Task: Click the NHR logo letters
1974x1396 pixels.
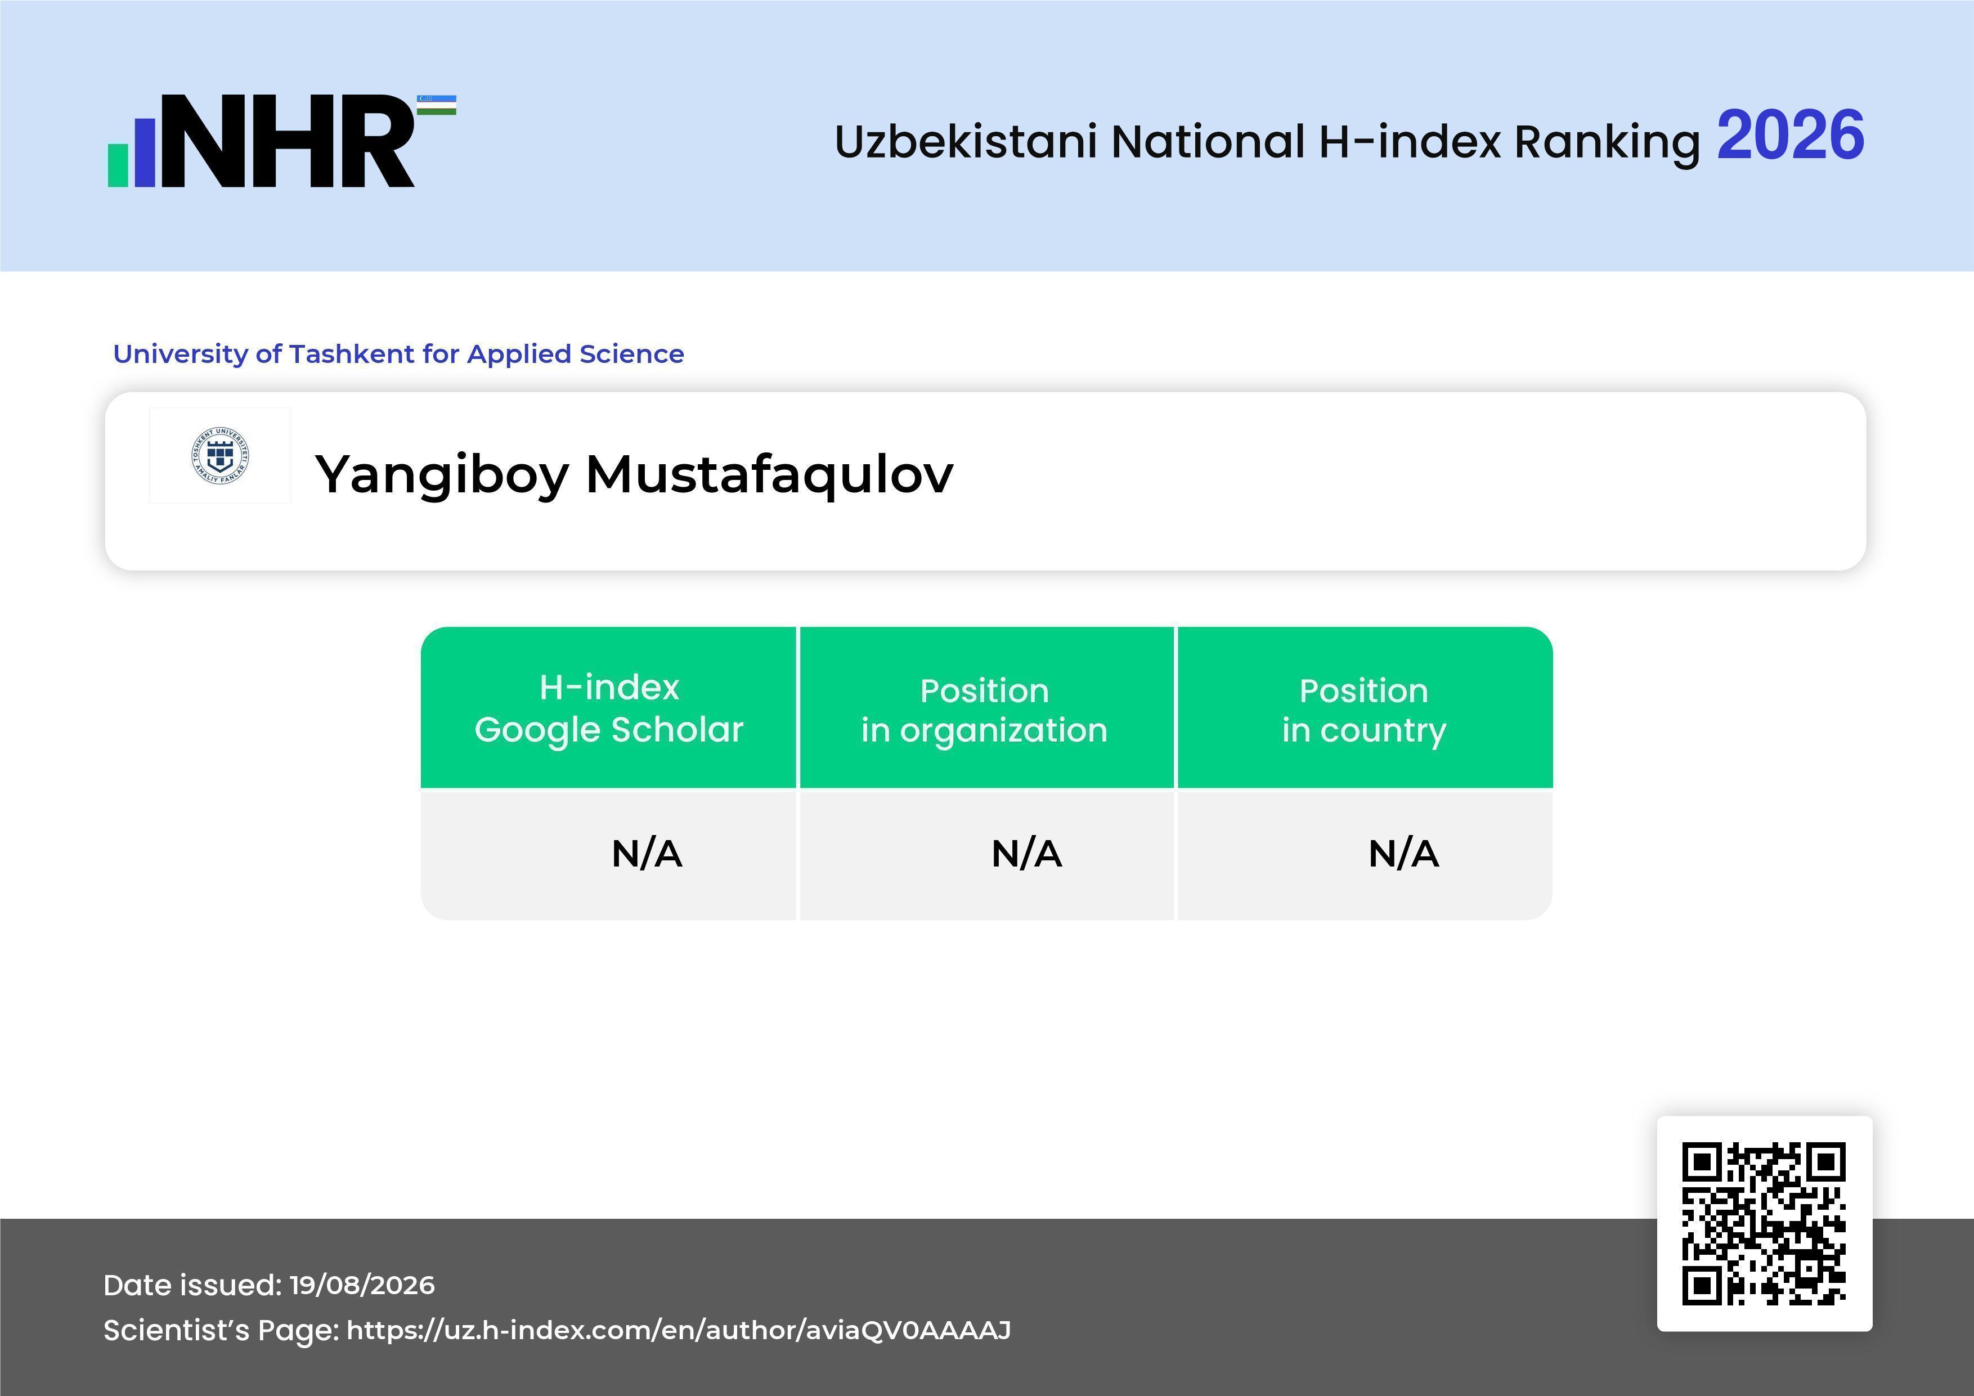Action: [x=287, y=141]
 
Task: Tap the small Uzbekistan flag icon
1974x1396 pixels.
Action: [x=437, y=105]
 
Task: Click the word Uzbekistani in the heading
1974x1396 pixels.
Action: [x=966, y=141]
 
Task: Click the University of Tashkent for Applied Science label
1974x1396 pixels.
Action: [x=398, y=353]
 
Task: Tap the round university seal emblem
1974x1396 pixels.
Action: [x=220, y=456]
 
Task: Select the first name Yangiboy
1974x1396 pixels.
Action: [x=442, y=474]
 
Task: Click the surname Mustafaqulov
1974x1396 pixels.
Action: [x=769, y=474]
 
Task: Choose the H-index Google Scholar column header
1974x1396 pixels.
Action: [x=609, y=708]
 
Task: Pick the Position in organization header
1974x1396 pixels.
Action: [x=984, y=710]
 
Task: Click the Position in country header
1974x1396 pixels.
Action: [x=1363, y=710]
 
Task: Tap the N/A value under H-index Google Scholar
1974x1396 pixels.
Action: [x=647, y=854]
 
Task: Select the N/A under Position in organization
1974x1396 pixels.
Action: [x=1026, y=854]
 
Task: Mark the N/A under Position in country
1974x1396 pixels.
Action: [x=1403, y=854]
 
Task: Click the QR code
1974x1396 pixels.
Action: [x=1764, y=1224]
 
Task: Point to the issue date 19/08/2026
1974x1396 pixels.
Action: [x=362, y=1285]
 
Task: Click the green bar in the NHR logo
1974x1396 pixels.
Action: [x=118, y=165]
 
